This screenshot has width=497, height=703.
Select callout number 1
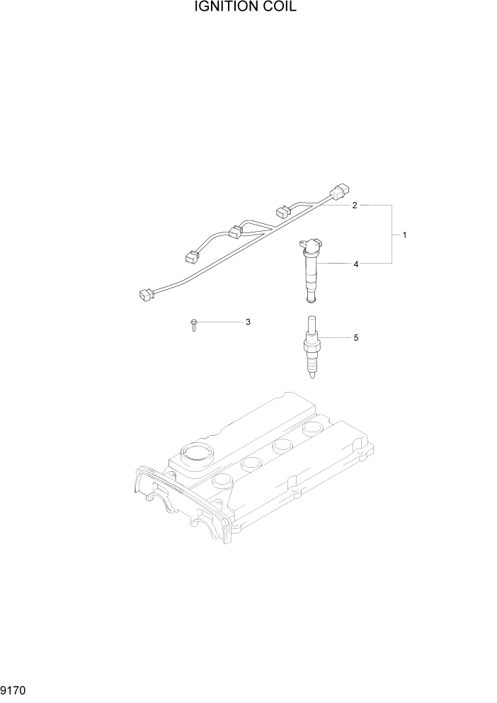(404, 235)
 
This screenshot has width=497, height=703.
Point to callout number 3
(248, 322)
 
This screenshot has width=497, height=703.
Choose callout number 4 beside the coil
(356, 264)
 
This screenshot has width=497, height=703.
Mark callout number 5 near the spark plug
(356, 338)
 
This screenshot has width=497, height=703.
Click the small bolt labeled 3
(193, 324)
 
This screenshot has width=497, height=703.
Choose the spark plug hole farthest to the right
(312, 429)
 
